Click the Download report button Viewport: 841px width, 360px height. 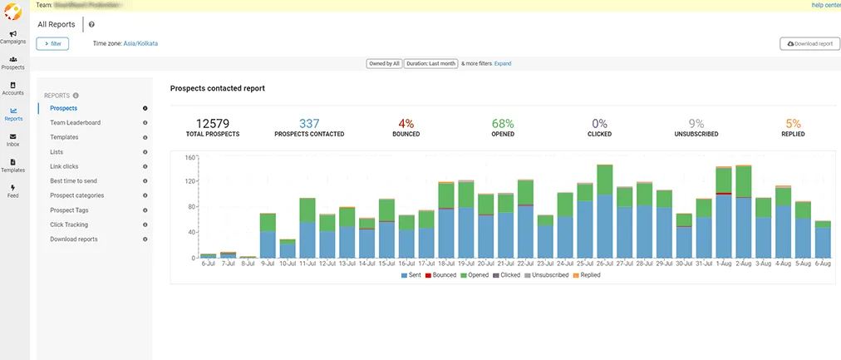point(809,43)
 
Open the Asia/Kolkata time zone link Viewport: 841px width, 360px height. point(140,43)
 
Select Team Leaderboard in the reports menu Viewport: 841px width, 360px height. point(75,122)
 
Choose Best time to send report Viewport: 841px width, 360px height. point(73,180)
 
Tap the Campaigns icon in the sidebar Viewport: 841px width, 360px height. point(13,37)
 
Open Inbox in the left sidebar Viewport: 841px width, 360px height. point(13,139)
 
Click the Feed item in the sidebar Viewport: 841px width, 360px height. point(13,190)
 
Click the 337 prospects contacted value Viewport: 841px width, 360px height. point(309,124)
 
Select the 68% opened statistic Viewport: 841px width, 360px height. point(503,124)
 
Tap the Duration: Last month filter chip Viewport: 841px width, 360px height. point(430,63)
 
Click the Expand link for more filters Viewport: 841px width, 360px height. point(503,63)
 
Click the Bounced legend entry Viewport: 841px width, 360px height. point(440,274)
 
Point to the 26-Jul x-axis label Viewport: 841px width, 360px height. point(604,264)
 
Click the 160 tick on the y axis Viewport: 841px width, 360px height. point(189,157)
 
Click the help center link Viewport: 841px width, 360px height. point(825,5)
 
